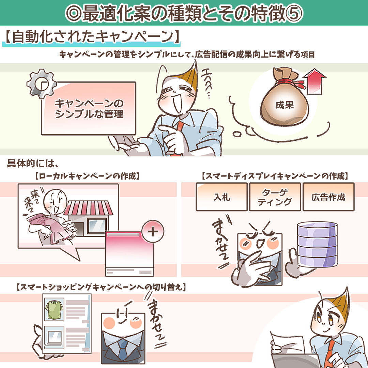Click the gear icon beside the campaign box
coord(41,83)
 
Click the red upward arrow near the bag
coord(314,81)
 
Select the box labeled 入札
coord(221,197)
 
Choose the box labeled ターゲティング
coord(275,197)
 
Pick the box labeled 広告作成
coord(328,197)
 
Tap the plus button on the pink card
coord(152,232)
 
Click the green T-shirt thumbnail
coord(55,310)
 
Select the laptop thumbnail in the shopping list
coord(55,337)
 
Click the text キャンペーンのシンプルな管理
coord(89,109)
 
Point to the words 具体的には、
coord(31,164)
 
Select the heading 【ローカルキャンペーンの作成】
coord(87,176)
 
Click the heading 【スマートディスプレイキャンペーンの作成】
coord(275,176)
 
